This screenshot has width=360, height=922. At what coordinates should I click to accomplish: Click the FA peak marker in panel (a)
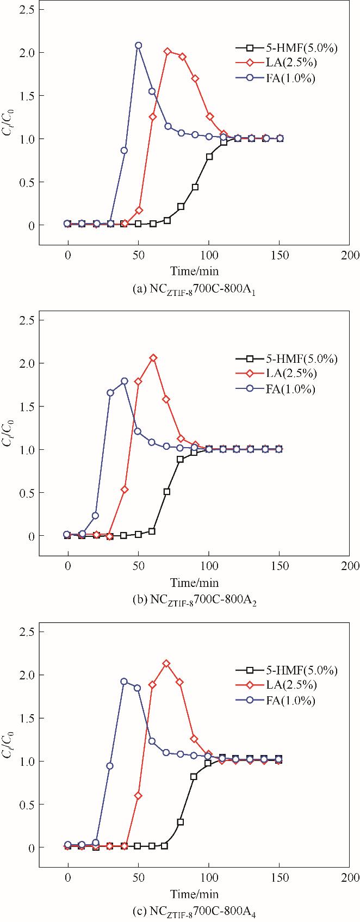point(138,46)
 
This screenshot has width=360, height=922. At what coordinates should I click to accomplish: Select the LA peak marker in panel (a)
point(167,52)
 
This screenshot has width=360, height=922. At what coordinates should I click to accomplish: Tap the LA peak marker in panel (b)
point(153,358)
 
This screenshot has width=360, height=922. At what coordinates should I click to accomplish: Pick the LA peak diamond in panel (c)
point(166,664)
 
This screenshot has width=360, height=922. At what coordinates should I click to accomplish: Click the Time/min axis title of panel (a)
point(194,270)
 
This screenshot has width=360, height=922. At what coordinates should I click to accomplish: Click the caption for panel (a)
point(194,289)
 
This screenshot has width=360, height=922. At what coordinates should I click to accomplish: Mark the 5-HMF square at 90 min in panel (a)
point(195,187)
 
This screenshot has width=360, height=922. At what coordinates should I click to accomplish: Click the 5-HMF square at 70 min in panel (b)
point(167,492)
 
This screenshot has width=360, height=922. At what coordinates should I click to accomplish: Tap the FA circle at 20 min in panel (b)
point(96,516)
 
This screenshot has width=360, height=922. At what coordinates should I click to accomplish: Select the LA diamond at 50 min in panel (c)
point(138,796)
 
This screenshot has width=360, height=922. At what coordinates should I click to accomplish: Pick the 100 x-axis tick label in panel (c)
point(208,877)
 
